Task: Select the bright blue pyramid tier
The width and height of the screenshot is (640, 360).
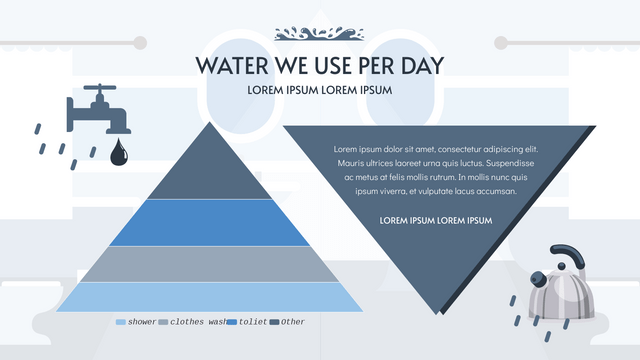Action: click(183, 222)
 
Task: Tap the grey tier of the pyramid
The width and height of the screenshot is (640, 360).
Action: click(183, 263)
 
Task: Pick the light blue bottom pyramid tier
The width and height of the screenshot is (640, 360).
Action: click(183, 297)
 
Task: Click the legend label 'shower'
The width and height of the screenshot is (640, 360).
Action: click(142, 322)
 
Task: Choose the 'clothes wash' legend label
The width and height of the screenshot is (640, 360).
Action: click(198, 322)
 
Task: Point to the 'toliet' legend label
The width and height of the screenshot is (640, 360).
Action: click(253, 322)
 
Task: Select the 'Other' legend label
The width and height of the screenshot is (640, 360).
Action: click(293, 322)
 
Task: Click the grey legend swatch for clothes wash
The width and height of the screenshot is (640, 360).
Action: click(164, 322)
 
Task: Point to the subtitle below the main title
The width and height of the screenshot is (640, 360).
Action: click(319, 90)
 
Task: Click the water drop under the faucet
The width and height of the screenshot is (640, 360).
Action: click(119, 152)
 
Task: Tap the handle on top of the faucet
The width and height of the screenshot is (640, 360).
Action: click(99, 89)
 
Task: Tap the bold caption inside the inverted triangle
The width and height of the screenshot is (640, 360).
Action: click(437, 220)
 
